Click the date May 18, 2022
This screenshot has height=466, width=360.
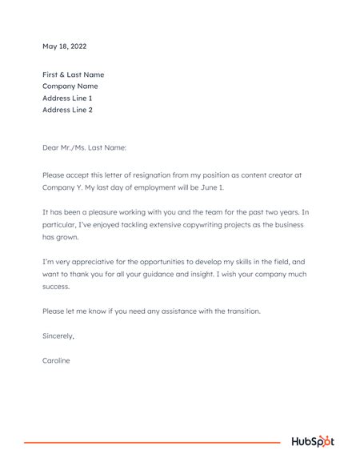tap(65, 46)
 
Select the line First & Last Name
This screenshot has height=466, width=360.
tap(74, 74)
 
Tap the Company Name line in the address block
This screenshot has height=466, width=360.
tap(70, 86)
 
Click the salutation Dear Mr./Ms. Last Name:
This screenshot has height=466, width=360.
tap(84, 147)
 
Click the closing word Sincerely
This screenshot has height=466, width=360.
tap(58, 336)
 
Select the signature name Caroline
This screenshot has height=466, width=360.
tap(56, 361)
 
